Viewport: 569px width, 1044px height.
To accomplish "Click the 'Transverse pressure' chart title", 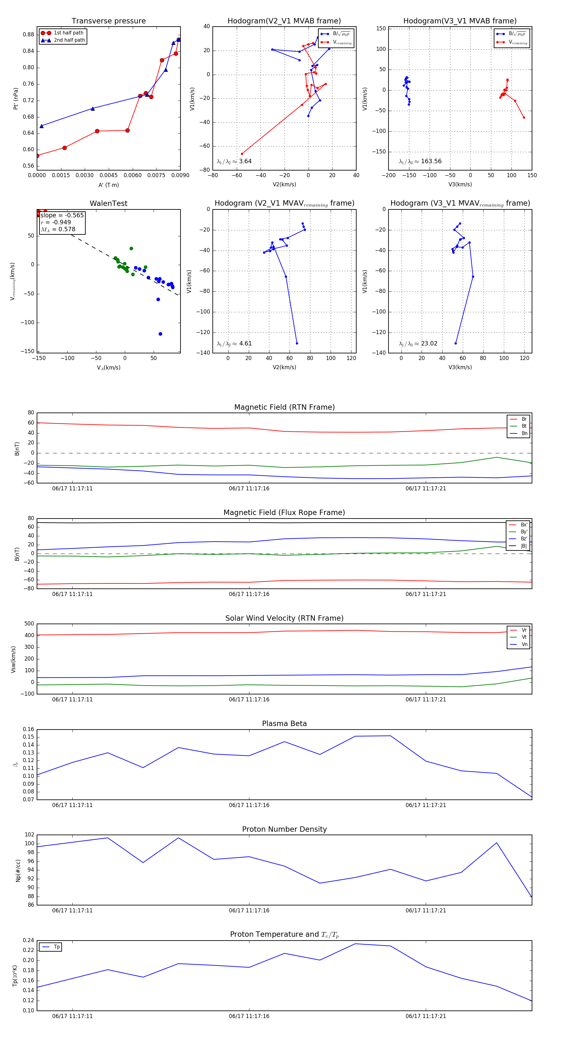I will click(x=108, y=21).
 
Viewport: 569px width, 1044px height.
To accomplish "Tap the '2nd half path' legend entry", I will click(x=69, y=40).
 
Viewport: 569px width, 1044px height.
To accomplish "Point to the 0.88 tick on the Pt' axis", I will click(x=28, y=34).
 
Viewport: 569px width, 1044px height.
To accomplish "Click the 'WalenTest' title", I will click(x=108, y=203).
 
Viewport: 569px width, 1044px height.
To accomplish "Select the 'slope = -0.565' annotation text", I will click(x=62, y=215).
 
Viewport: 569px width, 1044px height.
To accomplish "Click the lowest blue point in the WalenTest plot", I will click(x=160, y=334).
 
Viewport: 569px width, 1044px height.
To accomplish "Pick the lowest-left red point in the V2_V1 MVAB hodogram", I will click(x=242, y=154).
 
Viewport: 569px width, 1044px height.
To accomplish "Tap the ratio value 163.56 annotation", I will click(x=431, y=161).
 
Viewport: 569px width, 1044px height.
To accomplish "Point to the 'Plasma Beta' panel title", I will click(x=284, y=724).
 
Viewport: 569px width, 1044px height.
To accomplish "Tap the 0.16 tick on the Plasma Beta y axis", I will click(x=28, y=729).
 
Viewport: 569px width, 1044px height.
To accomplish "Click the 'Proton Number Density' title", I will click(x=284, y=829).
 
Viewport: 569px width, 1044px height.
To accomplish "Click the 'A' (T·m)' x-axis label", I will click(x=108, y=185).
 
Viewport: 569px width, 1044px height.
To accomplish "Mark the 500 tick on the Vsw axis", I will click(x=29, y=624).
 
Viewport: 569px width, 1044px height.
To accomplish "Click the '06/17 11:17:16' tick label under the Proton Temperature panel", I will click(x=249, y=1016).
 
